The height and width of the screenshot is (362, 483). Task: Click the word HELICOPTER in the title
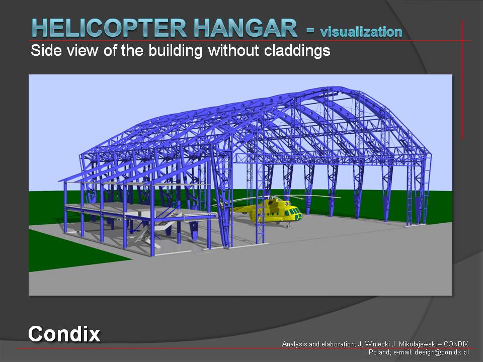coord(109,28)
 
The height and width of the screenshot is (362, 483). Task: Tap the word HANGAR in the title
coord(246,28)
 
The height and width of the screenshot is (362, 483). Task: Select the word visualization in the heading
coord(361,32)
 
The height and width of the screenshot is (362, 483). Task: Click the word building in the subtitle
coord(175,50)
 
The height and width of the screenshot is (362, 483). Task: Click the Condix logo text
coord(64,334)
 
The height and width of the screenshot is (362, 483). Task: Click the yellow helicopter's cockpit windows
coord(293,212)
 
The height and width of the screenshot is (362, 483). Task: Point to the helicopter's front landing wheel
coord(288,226)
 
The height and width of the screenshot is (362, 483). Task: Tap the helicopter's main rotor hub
coord(272,197)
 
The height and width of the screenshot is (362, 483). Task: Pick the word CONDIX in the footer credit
coord(456,344)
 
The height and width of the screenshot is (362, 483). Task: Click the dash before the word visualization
coord(310,30)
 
